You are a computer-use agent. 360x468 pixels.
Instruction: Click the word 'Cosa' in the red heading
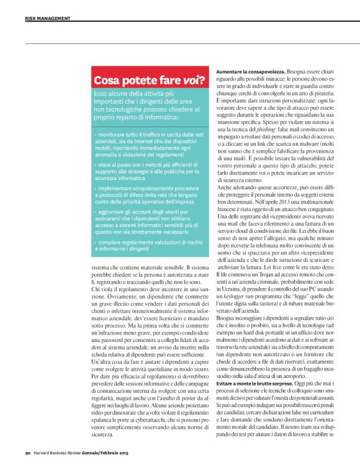point(108,80)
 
